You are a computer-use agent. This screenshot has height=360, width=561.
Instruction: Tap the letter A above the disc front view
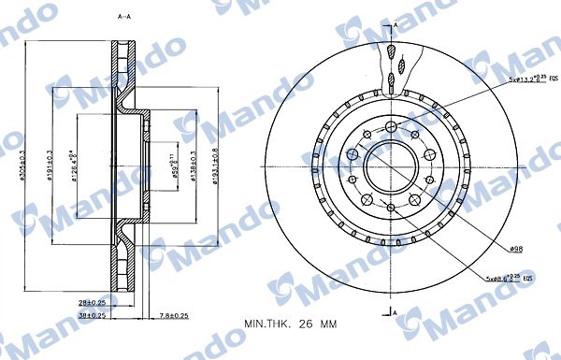[x=396, y=23]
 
